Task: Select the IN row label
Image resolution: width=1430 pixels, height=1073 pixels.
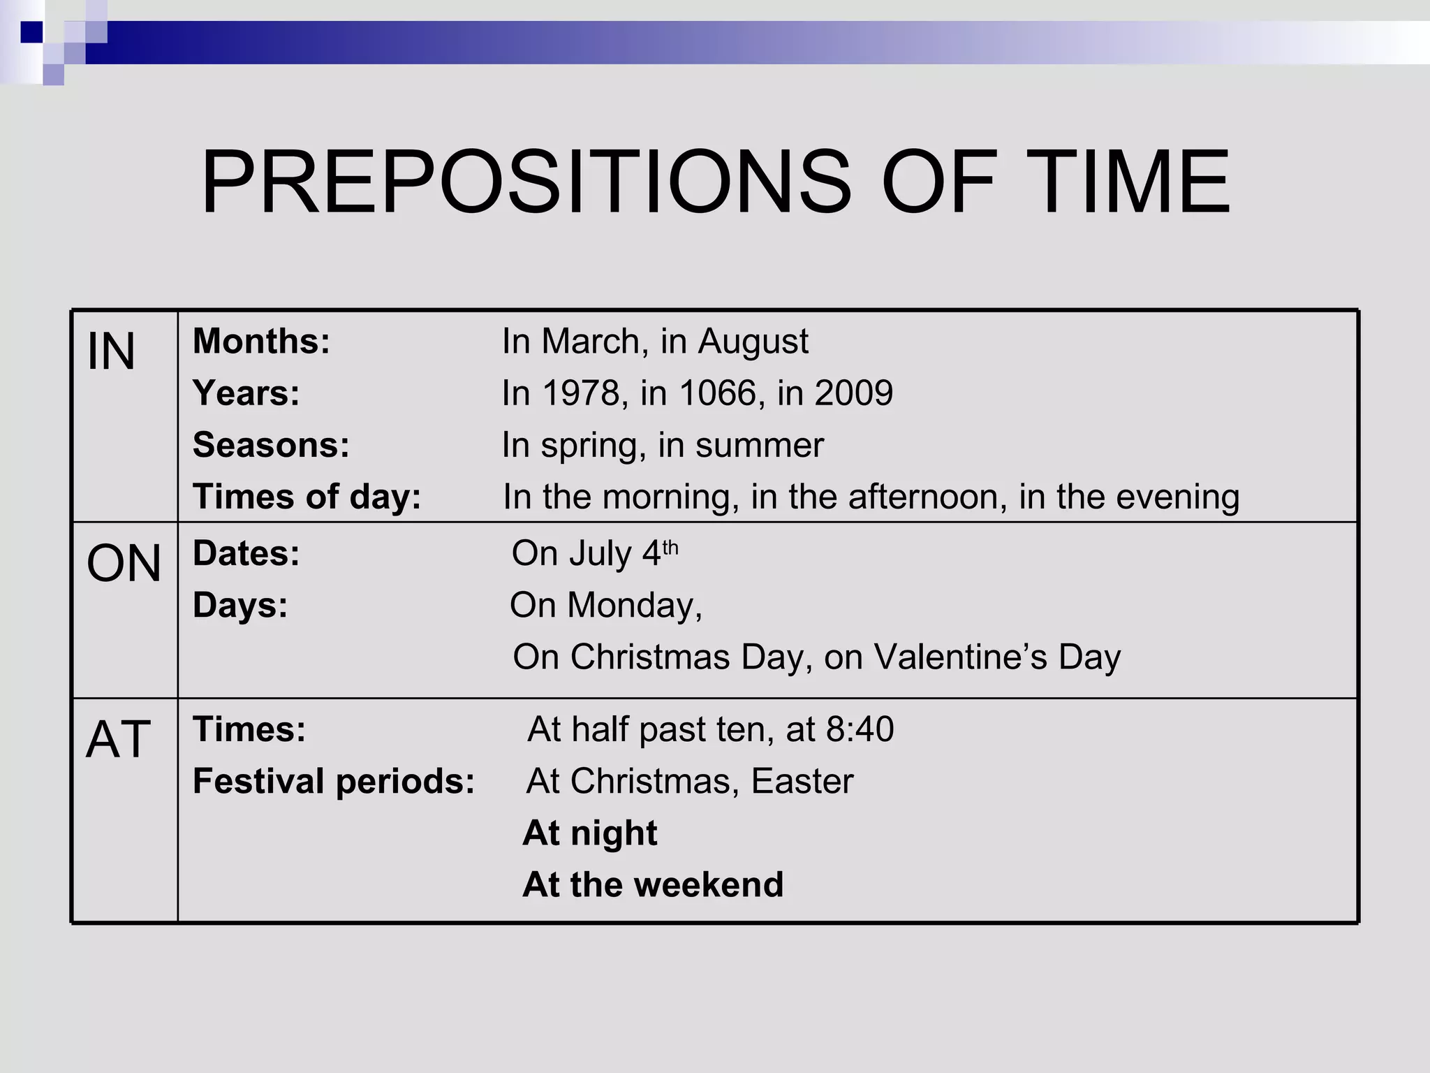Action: [111, 352]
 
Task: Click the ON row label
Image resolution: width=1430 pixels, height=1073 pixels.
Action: [124, 563]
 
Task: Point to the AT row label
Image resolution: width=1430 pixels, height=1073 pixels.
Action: [118, 739]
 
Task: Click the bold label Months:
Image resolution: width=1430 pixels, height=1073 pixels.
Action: [261, 342]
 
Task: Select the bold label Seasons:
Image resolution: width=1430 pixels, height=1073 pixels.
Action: [271, 445]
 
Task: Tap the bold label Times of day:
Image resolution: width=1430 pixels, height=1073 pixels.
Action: [307, 497]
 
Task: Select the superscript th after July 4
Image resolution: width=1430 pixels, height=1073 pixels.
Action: [670, 547]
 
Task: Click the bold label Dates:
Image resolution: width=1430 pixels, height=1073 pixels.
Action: [246, 553]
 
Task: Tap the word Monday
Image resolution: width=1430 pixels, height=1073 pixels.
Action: [631, 605]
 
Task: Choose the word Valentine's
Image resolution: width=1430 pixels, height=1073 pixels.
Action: [960, 657]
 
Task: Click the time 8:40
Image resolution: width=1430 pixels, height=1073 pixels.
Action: [860, 729]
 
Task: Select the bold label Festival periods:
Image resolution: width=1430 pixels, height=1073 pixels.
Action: [334, 781]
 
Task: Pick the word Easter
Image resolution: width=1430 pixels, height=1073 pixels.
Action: [802, 781]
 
